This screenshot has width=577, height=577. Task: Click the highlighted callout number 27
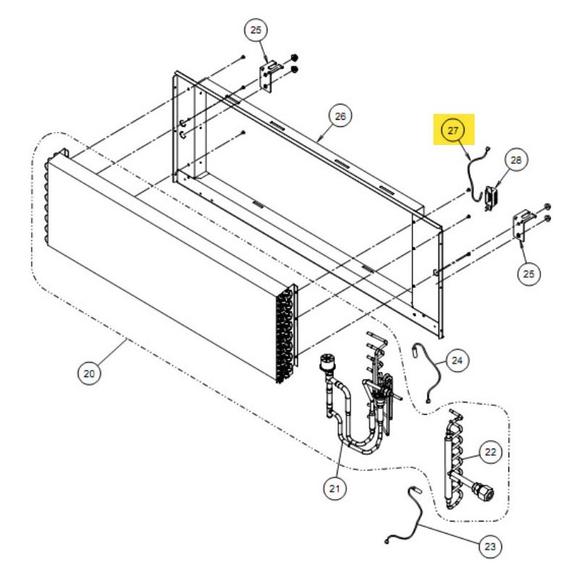tap(453, 131)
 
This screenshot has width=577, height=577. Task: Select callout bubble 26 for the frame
tap(340, 116)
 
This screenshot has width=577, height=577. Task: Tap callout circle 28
tap(516, 160)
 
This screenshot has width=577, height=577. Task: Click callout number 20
tap(89, 374)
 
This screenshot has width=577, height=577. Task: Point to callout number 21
tap(335, 489)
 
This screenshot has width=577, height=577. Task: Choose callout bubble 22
tap(490, 452)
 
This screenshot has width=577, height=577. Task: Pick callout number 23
tap(490, 547)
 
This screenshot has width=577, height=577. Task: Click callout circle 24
tap(457, 361)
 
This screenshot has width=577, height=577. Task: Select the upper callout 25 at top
tap(256, 30)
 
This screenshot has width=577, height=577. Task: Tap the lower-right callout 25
tap(529, 274)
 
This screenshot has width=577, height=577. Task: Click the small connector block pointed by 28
tap(490, 198)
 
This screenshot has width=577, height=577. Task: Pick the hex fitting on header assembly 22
tap(483, 492)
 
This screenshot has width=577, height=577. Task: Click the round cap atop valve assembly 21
tap(327, 361)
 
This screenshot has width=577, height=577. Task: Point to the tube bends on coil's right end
tap(285, 335)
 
